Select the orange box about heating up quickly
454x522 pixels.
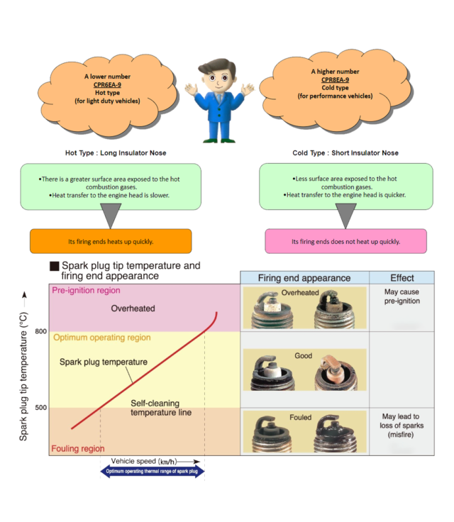tap(111, 241)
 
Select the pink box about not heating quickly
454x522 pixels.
tap(345, 241)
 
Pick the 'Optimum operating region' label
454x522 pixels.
tap(101, 338)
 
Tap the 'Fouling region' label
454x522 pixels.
tap(77, 448)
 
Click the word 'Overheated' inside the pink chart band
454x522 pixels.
tap(133, 309)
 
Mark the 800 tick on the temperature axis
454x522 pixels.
tap(40, 331)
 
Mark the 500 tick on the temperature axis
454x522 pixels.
tap(40, 407)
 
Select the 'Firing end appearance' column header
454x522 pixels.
tap(304, 277)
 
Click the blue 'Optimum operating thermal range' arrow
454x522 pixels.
tap(153, 470)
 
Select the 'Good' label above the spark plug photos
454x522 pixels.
tap(304, 355)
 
